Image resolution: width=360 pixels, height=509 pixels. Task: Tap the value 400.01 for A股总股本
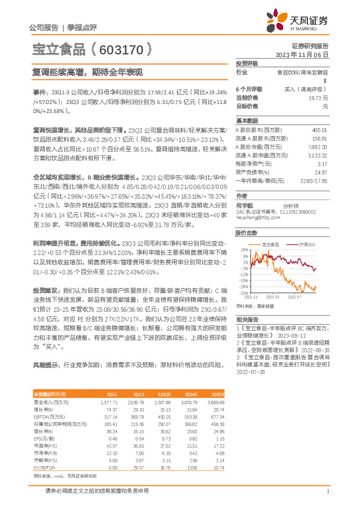coord(318,129)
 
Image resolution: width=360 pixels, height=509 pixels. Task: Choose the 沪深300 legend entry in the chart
coord(307,244)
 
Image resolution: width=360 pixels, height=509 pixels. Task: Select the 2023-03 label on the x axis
coord(272,297)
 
